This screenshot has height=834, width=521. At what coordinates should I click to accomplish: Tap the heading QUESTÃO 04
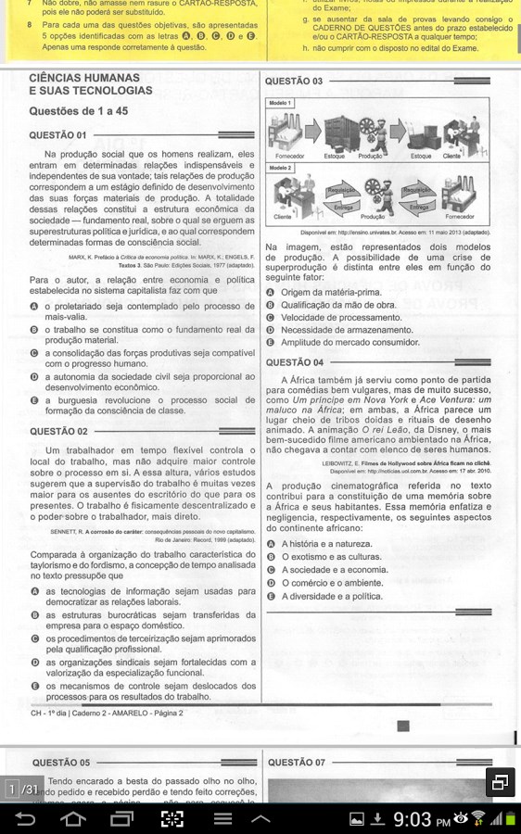pos(294,362)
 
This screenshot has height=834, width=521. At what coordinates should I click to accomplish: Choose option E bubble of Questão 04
pos(271,597)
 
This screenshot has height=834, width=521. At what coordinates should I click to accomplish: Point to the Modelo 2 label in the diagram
pos(280,168)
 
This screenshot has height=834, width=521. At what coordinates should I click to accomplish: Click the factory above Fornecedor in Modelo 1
pos(284,130)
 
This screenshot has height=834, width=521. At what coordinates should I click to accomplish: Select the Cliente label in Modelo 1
pos(451,157)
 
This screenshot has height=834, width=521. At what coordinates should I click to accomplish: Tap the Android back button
pos(25,818)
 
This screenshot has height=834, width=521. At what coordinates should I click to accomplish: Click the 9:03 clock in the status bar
pos(413,819)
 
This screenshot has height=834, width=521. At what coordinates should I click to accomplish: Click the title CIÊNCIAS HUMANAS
pos(83,78)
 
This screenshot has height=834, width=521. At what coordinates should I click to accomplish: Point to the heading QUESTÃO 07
pos(294,763)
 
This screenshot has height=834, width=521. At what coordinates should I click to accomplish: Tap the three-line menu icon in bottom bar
pos(222,818)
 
